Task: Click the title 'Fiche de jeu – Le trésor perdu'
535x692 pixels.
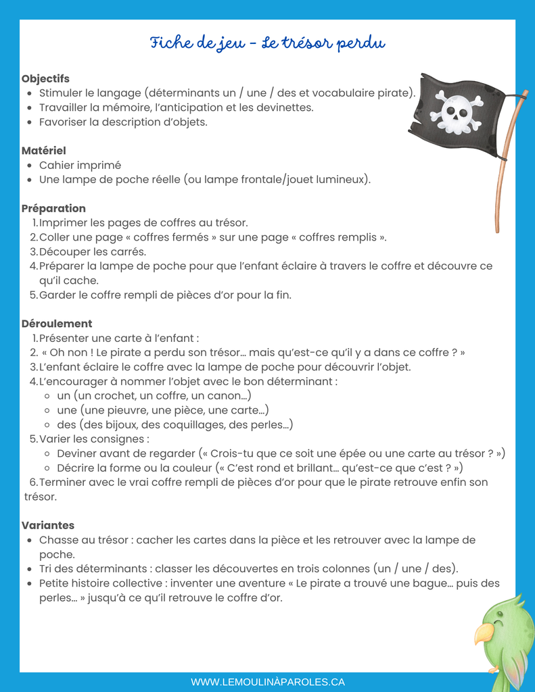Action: coord(267,44)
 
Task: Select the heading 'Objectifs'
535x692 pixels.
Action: coord(45,79)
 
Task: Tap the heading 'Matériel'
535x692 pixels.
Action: coord(44,151)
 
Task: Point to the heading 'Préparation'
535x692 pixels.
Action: coord(53,208)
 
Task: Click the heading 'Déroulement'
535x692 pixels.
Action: coord(57,324)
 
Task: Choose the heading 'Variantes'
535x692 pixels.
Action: coord(48,525)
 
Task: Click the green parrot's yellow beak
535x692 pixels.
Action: coord(483,633)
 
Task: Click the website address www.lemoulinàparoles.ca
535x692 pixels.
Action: coord(268,682)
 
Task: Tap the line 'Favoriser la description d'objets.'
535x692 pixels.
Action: coord(123,122)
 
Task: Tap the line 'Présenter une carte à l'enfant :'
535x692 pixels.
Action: coord(119,338)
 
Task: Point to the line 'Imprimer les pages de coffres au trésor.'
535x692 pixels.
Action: coord(143,222)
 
